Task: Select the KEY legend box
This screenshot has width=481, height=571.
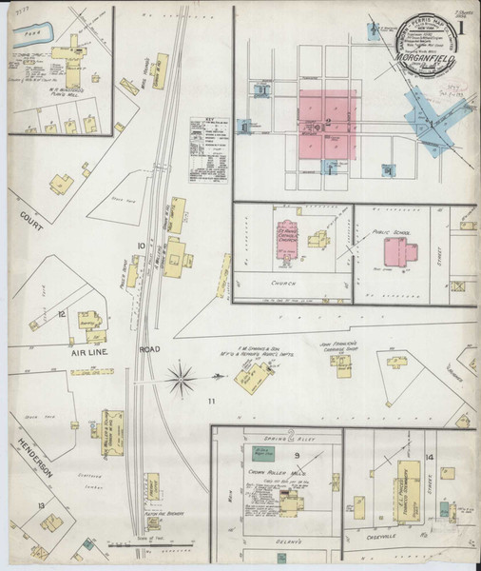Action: click(208, 144)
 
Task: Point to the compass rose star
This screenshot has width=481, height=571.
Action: click(180, 382)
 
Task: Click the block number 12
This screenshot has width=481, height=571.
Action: click(61, 312)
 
